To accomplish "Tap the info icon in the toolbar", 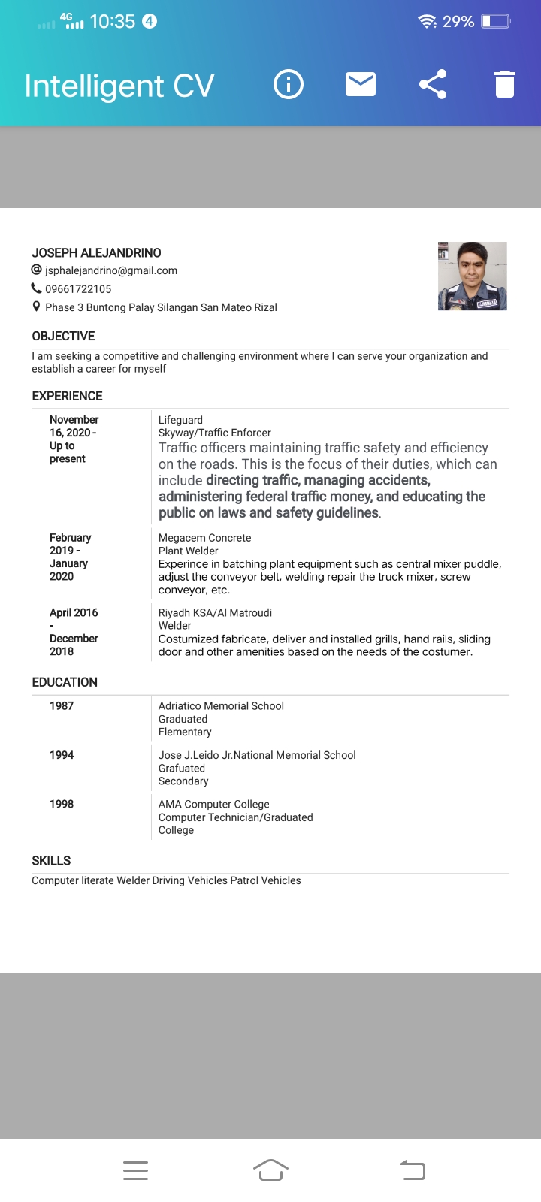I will click(x=289, y=84).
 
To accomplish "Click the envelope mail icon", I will click(x=361, y=84).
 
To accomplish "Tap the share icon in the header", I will click(x=433, y=84).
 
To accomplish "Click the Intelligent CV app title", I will click(x=119, y=86).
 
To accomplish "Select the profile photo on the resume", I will click(x=472, y=276).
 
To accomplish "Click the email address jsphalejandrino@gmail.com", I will click(x=111, y=270).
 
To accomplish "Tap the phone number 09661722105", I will click(x=78, y=289).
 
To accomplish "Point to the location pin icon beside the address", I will click(x=36, y=307).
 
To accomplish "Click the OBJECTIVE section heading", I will click(x=63, y=336).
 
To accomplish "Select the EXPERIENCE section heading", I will click(x=67, y=396).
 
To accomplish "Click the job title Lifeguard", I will click(x=180, y=420).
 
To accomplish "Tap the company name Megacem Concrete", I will click(x=204, y=538).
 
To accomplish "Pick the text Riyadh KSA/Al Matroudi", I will click(x=215, y=613).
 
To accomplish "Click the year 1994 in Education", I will click(x=62, y=755).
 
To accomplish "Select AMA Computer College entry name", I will click(x=213, y=804).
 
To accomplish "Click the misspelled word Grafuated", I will click(x=182, y=769).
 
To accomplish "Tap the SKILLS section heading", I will click(x=51, y=861).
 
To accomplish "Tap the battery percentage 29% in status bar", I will click(x=458, y=22).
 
